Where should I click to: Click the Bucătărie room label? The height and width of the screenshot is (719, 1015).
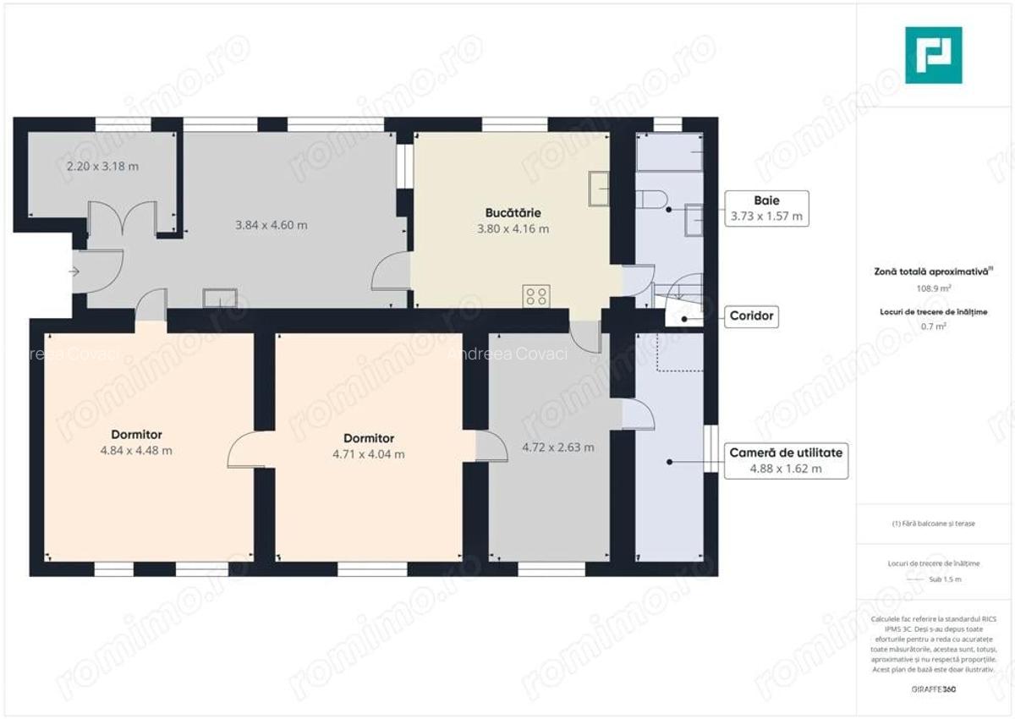click(513, 213)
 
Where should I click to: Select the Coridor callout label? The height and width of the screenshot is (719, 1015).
click(752, 317)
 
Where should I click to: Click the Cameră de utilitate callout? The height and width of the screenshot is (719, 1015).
click(786, 461)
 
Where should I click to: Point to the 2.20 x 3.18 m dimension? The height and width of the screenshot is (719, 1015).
click(102, 167)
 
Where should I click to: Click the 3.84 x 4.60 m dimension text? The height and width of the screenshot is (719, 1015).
click(271, 226)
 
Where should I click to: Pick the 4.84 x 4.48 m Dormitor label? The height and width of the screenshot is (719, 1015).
click(136, 443)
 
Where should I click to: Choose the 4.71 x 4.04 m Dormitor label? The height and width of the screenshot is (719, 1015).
click(369, 447)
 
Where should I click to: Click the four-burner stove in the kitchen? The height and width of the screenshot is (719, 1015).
click(536, 296)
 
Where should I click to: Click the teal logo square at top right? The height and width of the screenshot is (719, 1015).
click(933, 55)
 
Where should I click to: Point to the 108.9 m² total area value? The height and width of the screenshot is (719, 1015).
click(932, 288)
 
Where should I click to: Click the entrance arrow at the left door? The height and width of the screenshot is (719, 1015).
click(74, 272)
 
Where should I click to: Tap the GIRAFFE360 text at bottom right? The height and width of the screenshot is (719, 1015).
click(933, 689)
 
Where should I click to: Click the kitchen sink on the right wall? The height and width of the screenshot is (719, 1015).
click(598, 188)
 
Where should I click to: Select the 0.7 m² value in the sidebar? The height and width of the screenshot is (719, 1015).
click(932, 327)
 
